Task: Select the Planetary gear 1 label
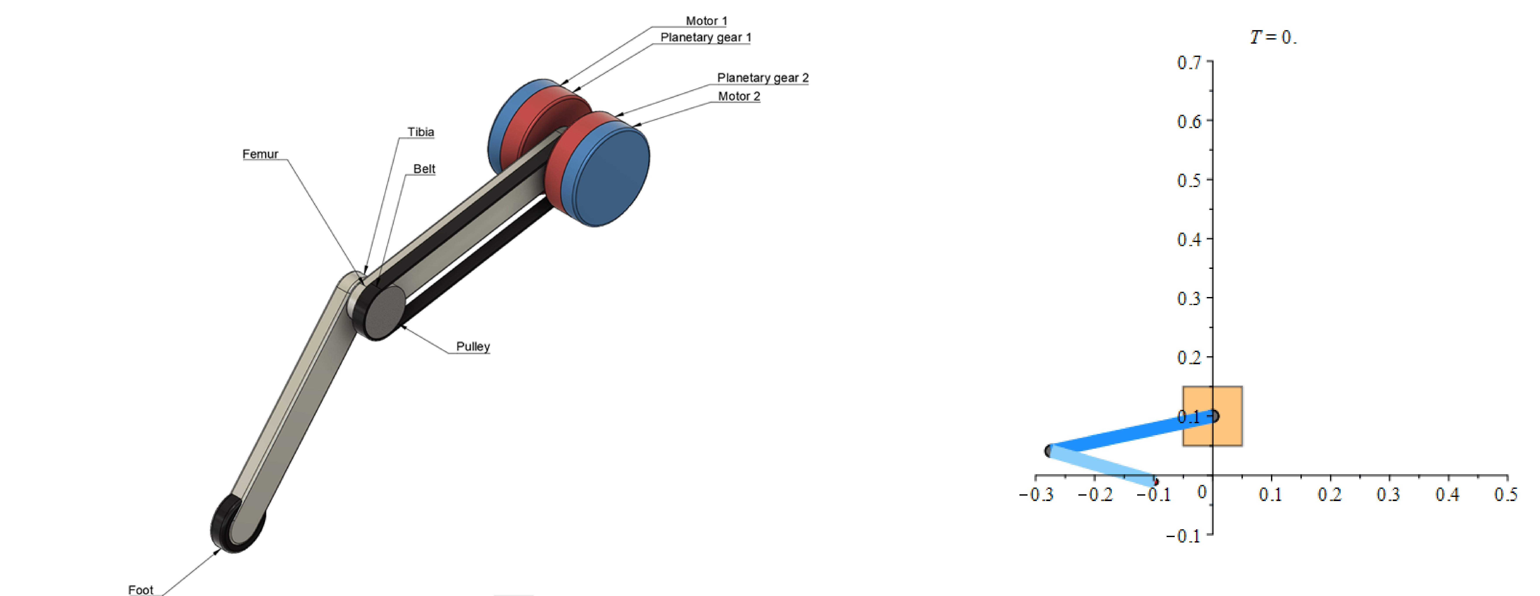click(705, 38)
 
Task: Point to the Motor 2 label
click(739, 96)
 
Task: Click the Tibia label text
click(420, 132)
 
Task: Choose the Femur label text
click(260, 154)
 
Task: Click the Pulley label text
click(472, 347)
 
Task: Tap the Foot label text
click(140, 590)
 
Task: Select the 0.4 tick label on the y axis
click(1188, 240)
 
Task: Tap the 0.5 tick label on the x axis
click(1505, 494)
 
